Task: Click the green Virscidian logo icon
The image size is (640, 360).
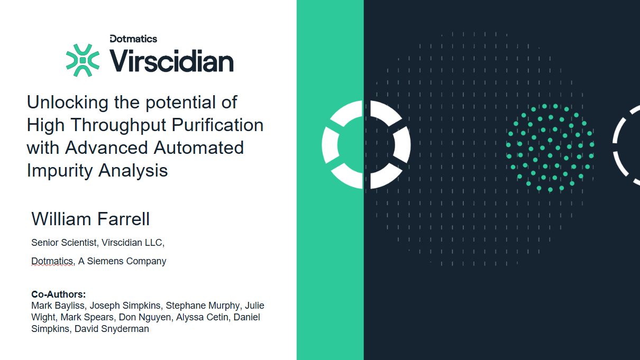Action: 83,60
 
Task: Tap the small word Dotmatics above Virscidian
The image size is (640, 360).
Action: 133,39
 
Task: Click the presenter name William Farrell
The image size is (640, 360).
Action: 90,219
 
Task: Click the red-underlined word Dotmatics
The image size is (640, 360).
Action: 52,261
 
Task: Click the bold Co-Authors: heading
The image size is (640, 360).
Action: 58,294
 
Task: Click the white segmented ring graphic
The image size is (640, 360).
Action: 366,144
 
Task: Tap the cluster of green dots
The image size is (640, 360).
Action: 550,147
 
